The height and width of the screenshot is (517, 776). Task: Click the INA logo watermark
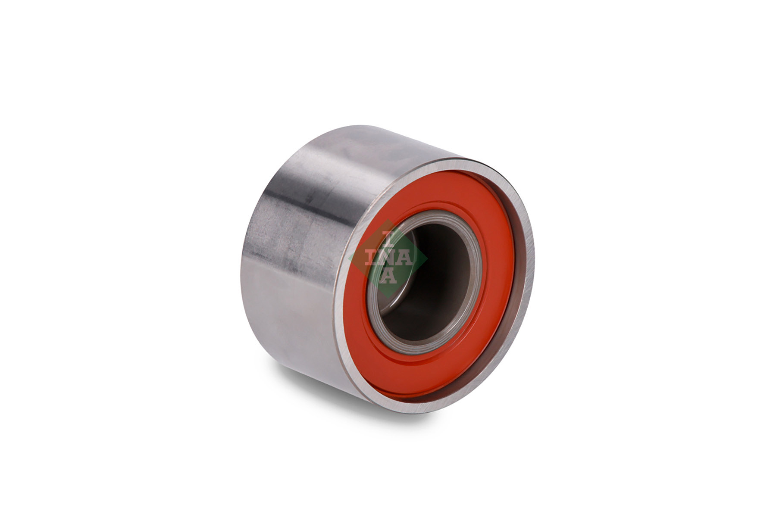[388, 258]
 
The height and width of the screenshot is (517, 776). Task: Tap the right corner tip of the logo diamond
[427, 258]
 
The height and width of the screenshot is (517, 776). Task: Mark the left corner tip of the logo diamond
[349, 258]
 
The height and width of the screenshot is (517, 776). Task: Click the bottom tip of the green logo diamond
[388, 298]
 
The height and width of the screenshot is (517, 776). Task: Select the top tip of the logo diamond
[388, 219]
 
